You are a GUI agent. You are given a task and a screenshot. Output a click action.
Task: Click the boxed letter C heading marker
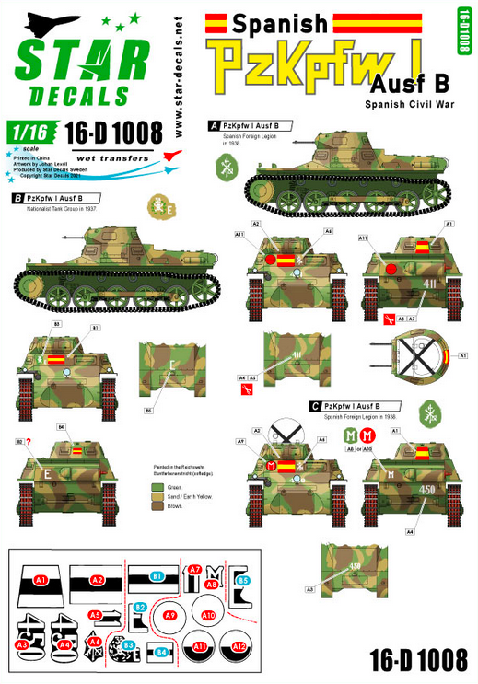point(315,405)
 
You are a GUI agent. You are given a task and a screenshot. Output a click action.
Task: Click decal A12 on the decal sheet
point(241,646)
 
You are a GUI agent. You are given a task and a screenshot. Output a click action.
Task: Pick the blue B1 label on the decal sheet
point(157,577)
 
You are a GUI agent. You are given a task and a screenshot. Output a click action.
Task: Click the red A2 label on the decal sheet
point(97,580)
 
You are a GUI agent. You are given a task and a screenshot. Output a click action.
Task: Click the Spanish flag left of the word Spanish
point(216,18)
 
